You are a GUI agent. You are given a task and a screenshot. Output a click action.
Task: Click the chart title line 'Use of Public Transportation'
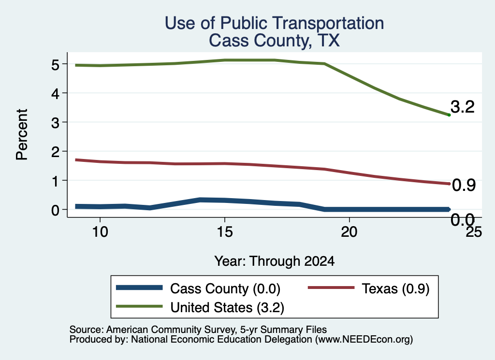click(275, 23)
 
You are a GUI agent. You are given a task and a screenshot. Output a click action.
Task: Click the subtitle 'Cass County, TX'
click(275, 41)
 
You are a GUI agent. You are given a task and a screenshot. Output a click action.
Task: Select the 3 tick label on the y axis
click(55, 122)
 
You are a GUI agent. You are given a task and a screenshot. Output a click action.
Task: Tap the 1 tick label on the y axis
click(55, 181)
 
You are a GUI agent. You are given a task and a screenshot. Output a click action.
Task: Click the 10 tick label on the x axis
click(100, 232)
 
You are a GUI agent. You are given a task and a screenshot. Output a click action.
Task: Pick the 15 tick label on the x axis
click(225, 232)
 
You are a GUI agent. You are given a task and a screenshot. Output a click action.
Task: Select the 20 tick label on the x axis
click(349, 232)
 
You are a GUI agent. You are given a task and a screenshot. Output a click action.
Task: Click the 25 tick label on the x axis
click(474, 232)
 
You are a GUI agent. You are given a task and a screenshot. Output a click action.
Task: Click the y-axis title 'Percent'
click(22, 134)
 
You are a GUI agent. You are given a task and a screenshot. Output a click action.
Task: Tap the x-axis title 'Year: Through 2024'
click(275, 261)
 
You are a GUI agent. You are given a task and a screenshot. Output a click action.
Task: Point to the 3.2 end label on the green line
click(463, 107)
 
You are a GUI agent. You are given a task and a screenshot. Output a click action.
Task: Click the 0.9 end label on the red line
click(464, 185)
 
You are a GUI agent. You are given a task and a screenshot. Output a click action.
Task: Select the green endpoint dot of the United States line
click(449, 115)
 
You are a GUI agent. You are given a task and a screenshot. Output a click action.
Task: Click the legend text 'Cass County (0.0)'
click(225, 288)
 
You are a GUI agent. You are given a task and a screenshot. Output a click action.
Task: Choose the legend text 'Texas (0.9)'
click(395, 288)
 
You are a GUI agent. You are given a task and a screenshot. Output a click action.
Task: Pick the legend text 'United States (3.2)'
click(227, 307)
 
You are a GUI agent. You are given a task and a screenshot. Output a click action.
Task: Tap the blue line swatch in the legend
click(139, 288)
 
